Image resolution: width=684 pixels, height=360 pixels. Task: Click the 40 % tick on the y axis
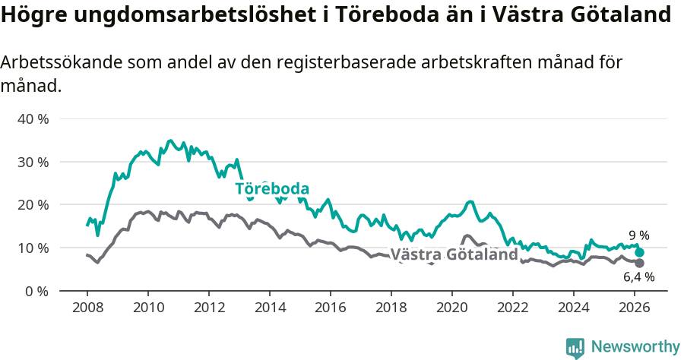[33, 119]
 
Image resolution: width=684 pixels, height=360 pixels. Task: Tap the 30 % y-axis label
[33, 162]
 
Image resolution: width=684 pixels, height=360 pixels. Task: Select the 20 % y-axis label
[33, 205]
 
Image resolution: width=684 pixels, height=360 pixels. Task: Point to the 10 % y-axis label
[33, 248]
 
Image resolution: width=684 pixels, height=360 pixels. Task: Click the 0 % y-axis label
[36, 291]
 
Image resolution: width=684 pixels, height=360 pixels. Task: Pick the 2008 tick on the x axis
[87, 307]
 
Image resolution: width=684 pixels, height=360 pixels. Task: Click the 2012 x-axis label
[208, 307]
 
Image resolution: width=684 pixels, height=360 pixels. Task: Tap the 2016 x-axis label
[330, 307]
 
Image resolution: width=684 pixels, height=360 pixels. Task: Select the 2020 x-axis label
[451, 307]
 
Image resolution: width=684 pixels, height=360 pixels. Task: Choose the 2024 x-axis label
[574, 307]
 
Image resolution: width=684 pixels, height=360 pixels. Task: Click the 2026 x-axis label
[635, 307]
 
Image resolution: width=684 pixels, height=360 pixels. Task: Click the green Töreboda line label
[271, 188]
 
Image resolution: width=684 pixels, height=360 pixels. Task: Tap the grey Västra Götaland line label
[454, 254]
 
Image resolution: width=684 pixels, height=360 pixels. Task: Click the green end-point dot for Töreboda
[639, 253]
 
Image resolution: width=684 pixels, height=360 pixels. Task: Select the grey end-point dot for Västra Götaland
[639, 263]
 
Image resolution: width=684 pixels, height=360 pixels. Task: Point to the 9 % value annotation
[638, 235]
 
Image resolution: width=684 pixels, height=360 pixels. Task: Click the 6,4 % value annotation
[638, 277]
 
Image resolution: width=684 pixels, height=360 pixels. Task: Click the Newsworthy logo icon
[575, 348]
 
